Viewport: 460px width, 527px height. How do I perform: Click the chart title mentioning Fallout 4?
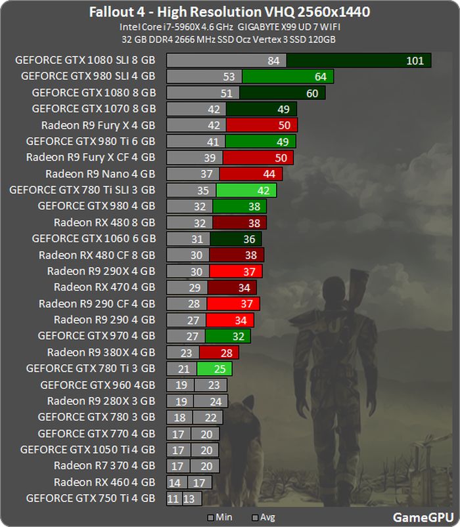pyautogui.click(x=230, y=12)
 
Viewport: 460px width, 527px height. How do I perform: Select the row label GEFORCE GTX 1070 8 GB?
pyautogui.click(x=93, y=109)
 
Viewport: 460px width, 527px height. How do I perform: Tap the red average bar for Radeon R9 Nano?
pyautogui.click(x=251, y=174)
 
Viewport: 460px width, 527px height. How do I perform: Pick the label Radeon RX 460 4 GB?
pyautogui.click(x=104, y=482)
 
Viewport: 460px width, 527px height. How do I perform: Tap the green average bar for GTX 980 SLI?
pyautogui.click(x=288, y=77)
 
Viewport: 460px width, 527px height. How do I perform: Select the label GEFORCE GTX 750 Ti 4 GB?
pyautogui.click(x=91, y=498)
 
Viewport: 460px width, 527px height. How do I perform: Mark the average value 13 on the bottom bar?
pyautogui.click(x=189, y=499)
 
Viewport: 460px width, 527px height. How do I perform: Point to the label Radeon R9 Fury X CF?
pyautogui.click(x=91, y=158)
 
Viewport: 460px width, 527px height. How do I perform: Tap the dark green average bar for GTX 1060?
pyautogui.click(x=236, y=239)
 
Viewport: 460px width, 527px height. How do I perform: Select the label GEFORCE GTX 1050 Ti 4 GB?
pyautogui.click(x=88, y=450)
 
